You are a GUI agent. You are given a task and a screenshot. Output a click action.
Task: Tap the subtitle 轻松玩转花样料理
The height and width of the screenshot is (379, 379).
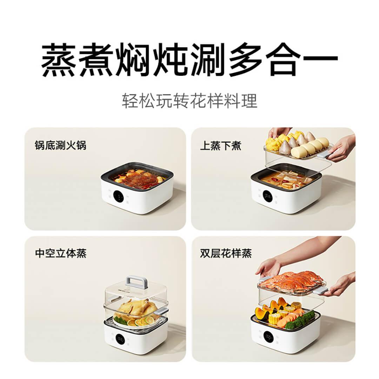[x=189, y=101]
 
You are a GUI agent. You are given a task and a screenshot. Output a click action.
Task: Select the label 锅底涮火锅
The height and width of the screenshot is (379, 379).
[x=60, y=146]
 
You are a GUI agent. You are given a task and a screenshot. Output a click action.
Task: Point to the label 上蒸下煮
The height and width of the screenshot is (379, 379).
[x=221, y=146]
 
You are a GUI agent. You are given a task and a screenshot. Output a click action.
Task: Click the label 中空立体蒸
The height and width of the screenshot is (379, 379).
[x=61, y=253]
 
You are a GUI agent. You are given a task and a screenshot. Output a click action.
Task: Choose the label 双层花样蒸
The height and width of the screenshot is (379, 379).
[x=226, y=253]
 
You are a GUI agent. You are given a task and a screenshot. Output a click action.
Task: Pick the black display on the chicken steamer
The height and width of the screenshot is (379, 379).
[x=120, y=340]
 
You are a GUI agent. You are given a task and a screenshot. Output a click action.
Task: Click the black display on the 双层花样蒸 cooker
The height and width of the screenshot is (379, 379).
[x=268, y=337]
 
